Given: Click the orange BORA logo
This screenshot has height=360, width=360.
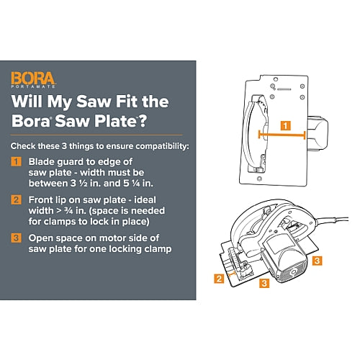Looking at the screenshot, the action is pos(33,78).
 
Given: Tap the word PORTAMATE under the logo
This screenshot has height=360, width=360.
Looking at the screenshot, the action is pos(33,86).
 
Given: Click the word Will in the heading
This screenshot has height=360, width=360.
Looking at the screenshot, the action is pos(27,102).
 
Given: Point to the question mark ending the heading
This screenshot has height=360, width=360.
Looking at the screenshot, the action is pos(143,121).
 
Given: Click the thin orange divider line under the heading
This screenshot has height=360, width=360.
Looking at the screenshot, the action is pos(96,135).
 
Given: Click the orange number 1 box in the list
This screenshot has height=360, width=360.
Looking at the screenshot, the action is pos(16,161).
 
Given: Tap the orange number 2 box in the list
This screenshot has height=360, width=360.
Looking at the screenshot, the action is pos(16,199).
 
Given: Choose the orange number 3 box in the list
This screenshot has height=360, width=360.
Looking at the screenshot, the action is pos(16,238).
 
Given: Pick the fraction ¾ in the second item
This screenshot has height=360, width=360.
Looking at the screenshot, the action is pos(68,211).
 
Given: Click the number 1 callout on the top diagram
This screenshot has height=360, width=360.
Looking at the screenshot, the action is pos(285,126).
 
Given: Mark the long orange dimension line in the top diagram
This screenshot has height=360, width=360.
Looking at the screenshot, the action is pos(282,135).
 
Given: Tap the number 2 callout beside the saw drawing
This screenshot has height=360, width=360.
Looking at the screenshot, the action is pos(219,279).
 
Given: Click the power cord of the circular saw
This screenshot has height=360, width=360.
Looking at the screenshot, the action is pos(330,219).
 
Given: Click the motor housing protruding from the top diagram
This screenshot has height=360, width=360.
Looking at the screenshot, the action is pos(318,134).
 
